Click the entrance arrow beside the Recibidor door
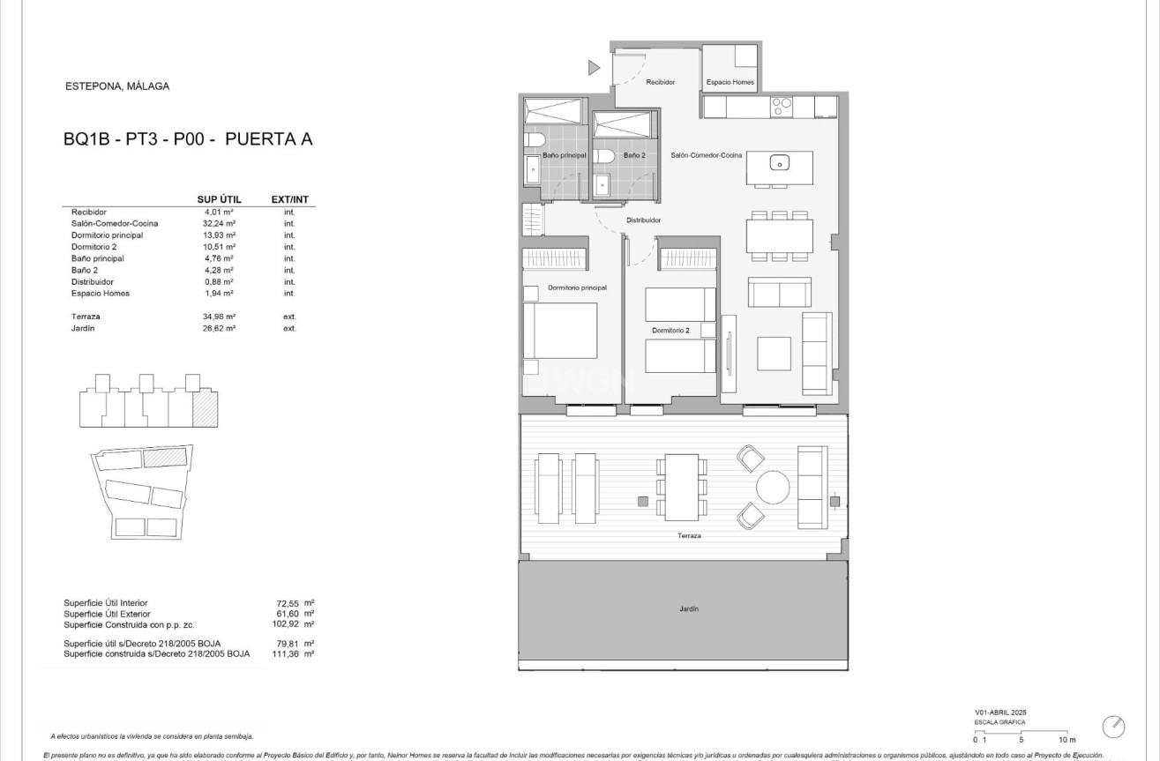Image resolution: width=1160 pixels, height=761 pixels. pyautogui.click(x=594, y=67)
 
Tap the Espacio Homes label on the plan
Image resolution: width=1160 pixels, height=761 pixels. pyautogui.click(x=730, y=82)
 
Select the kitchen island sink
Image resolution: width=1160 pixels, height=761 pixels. pyautogui.click(x=779, y=162)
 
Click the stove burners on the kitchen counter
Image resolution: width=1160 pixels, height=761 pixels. pyautogui.click(x=782, y=107)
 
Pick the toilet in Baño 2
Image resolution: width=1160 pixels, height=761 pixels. pyautogui.click(x=602, y=156)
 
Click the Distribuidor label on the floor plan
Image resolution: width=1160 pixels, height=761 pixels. pyautogui.click(x=644, y=220)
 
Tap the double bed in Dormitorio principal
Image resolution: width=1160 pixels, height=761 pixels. pyautogui.click(x=560, y=331)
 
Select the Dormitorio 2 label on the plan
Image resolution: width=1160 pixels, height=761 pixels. pyautogui.click(x=671, y=331)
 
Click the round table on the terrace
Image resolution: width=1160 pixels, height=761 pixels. pyautogui.click(x=774, y=488)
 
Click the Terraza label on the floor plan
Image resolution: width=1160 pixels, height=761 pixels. pyautogui.click(x=690, y=535)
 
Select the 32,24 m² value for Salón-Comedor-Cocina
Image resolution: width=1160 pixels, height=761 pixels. pyautogui.click(x=219, y=224)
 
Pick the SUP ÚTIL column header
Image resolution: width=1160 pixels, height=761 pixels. pyautogui.click(x=219, y=199)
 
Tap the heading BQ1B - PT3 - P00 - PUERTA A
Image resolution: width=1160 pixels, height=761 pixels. pyautogui.click(x=189, y=138)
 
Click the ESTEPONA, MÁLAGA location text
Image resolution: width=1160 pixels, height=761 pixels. pyautogui.click(x=117, y=86)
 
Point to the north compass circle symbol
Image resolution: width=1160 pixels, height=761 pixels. pyautogui.click(x=1114, y=727)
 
